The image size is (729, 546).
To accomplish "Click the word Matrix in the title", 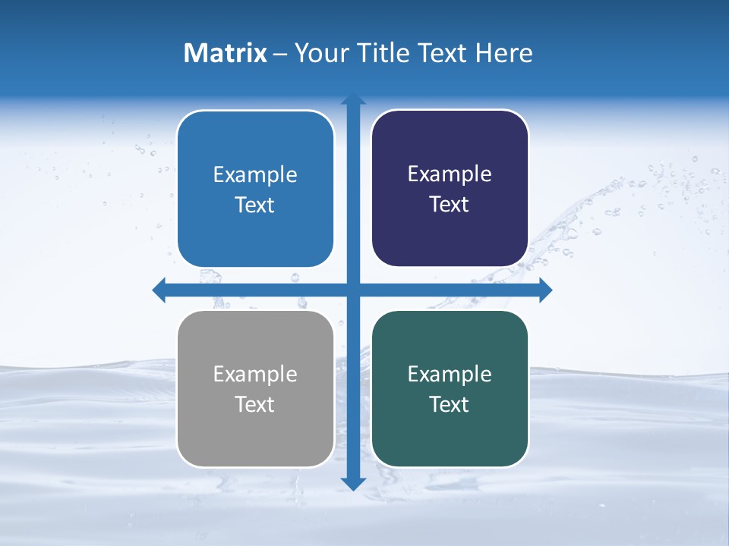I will pyautogui.click(x=226, y=53).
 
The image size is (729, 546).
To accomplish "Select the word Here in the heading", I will pyautogui.click(x=504, y=53).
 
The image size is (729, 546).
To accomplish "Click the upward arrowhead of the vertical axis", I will pyautogui.click(x=353, y=99).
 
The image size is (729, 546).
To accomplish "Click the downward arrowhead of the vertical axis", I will pyautogui.click(x=353, y=483).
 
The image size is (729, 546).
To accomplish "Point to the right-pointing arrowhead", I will pyautogui.click(x=545, y=290).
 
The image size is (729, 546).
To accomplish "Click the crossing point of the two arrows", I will pyautogui.click(x=353, y=290).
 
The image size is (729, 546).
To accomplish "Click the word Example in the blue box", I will pyautogui.click(x=255, y=175).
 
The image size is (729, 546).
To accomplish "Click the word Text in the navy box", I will pyautogui.click(x=450, y=205).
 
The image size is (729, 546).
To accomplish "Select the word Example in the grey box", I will pyautogui.click(x=255, y=375).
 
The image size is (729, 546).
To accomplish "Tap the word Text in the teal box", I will pyautogui.click(x=450, y=405).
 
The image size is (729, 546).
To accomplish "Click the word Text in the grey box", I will pyautogui.click(x=255, y=405).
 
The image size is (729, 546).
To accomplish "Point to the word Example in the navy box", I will pyautogui.click(x=450, y=174).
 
